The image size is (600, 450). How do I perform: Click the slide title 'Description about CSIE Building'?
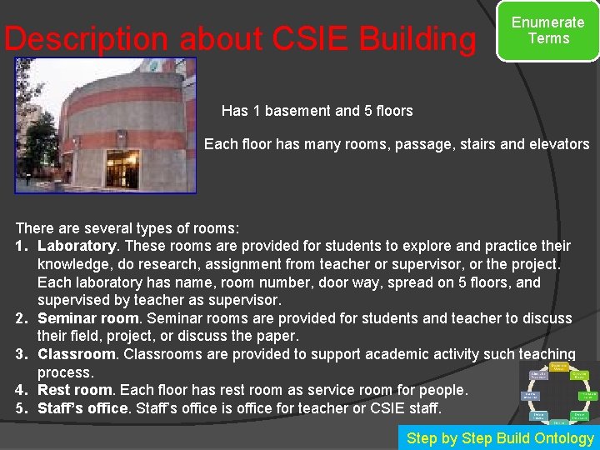tap(239, 39)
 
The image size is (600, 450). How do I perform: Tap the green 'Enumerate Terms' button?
tap(547, 31)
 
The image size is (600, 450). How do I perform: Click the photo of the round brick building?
tap(106, 125)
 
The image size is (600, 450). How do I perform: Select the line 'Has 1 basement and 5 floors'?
tap(317, 111)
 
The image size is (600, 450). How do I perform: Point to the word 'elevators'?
tap(558, 144)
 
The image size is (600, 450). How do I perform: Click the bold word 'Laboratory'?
tap(77, 246)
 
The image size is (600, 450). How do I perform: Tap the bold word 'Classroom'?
tap(77, 354)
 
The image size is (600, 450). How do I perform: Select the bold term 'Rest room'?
tap(74, 390)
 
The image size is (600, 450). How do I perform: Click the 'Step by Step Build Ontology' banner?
tap(500, 437)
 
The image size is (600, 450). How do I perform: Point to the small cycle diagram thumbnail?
tap(557, 392)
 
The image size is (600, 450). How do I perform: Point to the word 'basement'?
tap(302, 111)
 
